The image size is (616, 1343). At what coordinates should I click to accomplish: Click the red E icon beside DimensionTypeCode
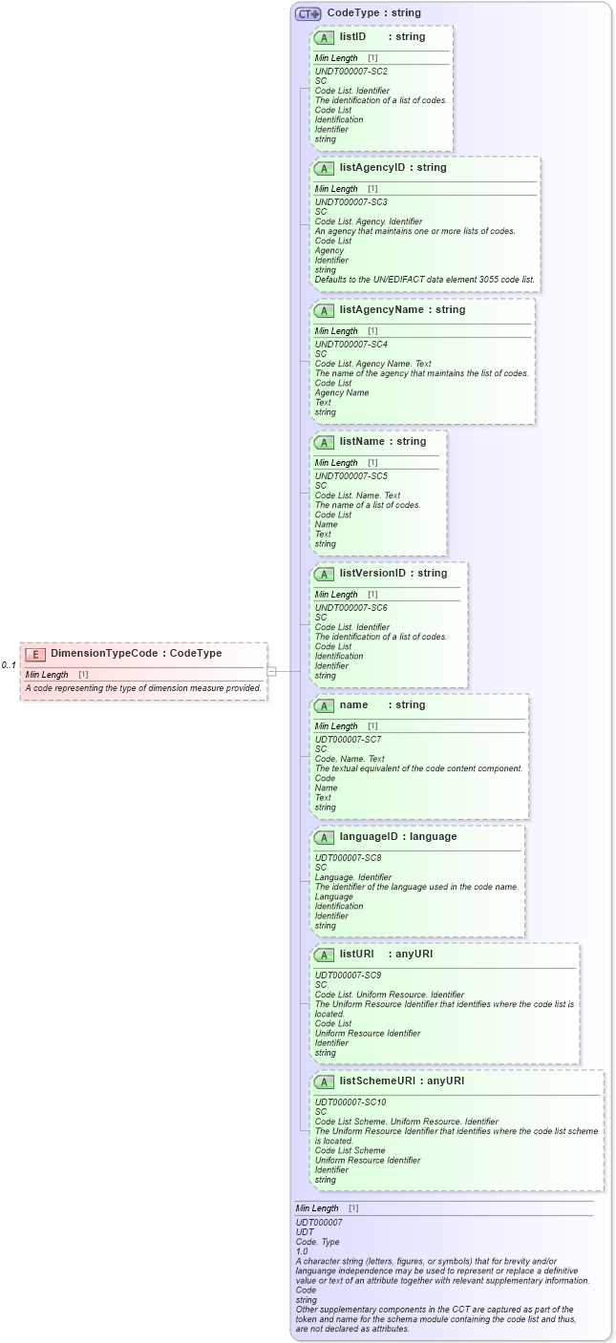click(x=35, y=654)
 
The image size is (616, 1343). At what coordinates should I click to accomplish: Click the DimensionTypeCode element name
click(x=106, y=654)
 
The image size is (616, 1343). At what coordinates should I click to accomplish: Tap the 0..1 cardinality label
click(x=9, y=665)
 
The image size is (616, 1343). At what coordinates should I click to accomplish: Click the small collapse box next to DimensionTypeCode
click(x=271, y=671)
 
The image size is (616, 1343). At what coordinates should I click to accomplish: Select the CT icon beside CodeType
click(x=308, y=13)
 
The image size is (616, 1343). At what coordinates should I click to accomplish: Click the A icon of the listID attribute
click(x=324, y=37)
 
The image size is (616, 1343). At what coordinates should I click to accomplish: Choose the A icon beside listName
click(x=324, y=442)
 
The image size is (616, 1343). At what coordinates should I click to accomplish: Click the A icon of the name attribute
click(x=324, y=705)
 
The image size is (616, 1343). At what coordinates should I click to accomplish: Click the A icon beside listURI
click(x=324, y=955)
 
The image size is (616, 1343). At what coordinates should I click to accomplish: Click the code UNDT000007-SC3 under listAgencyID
click(x=350, y=202)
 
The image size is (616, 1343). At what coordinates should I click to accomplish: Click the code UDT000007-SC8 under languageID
click(x=349, y=858)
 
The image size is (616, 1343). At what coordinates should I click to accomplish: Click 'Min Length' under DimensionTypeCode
click(x=47, y=675)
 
